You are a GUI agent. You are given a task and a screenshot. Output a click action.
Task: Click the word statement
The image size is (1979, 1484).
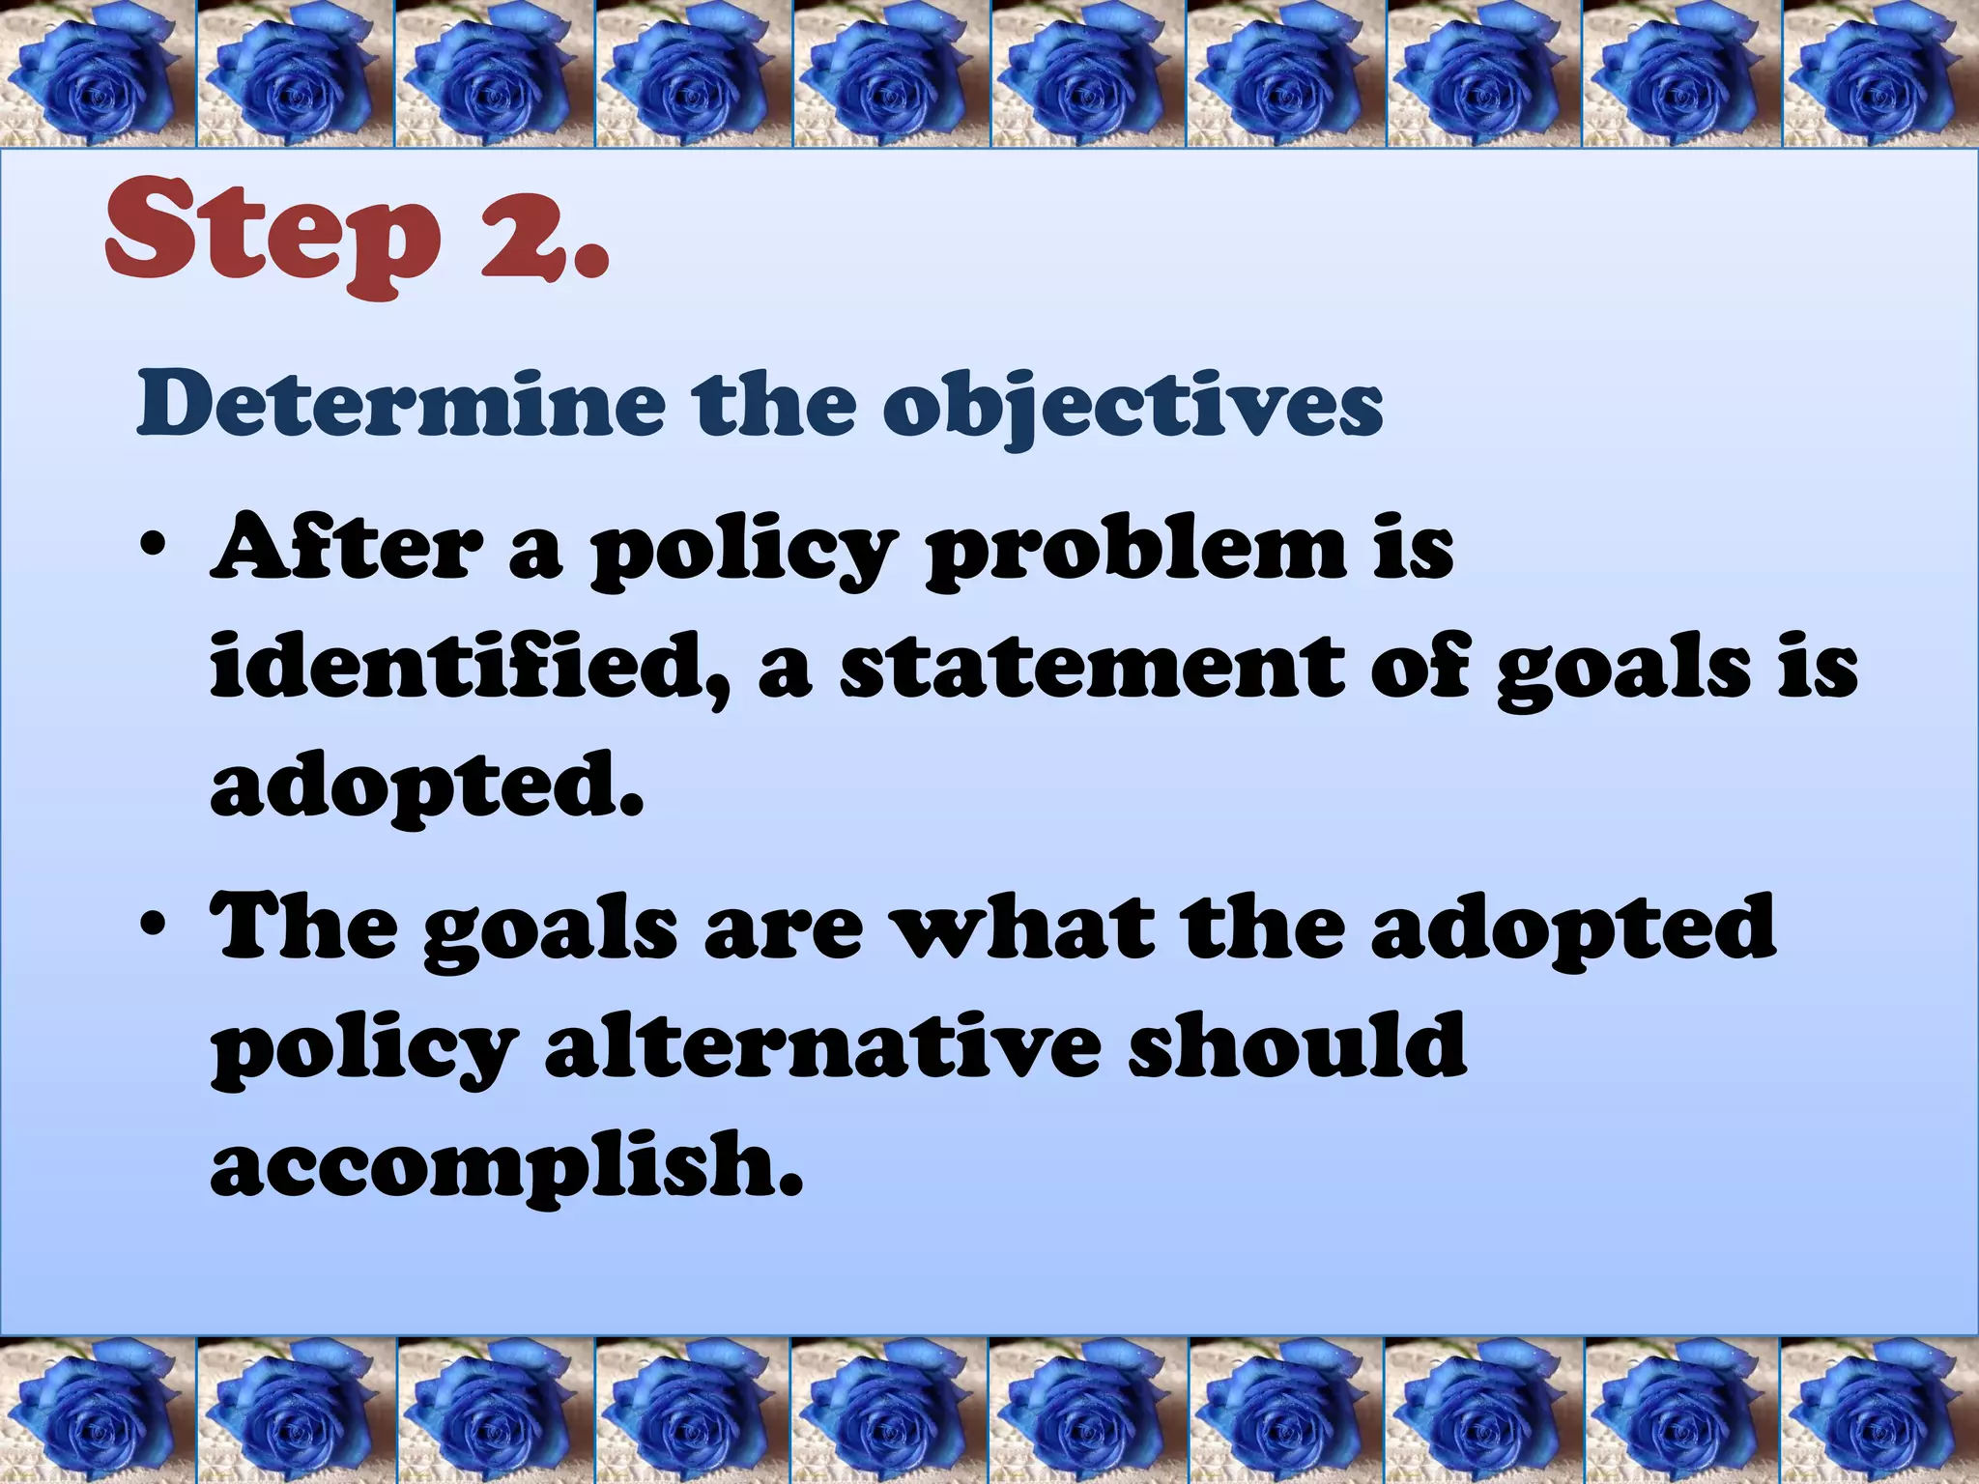(1091, 667)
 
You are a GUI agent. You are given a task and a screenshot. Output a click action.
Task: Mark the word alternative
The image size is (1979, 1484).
(822, 1047)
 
